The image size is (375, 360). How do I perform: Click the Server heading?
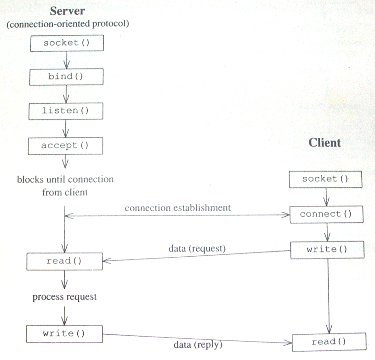68,11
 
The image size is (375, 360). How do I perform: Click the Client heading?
324,143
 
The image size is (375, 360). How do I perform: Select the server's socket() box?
67,43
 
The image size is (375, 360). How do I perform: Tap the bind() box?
66,77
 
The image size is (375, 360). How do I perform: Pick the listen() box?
66,111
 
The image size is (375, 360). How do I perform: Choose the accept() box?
66,146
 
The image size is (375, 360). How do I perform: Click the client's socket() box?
325,179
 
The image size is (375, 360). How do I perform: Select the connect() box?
326,214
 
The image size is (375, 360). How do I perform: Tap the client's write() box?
327,250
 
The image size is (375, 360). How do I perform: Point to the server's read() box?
65,261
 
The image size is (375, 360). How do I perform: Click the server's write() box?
65,334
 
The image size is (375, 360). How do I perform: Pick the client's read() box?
329,342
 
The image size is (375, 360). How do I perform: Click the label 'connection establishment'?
178,208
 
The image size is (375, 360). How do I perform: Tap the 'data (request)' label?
197,248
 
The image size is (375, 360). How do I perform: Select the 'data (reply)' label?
198,345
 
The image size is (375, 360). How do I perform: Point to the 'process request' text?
65,297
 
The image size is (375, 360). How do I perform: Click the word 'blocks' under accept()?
30,179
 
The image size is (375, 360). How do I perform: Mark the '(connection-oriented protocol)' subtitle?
68,24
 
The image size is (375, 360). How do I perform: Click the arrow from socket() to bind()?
67,60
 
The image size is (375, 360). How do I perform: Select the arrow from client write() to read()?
329,296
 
